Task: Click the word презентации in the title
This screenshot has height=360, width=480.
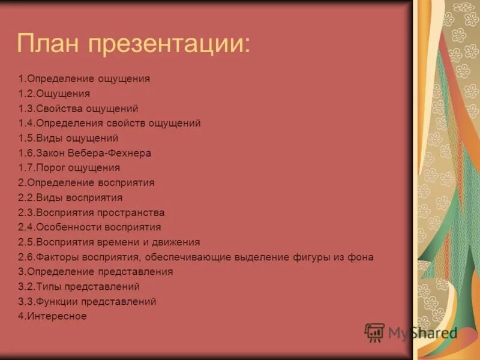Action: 173,44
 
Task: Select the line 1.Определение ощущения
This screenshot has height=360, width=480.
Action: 84,79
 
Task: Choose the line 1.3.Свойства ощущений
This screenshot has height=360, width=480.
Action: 78,109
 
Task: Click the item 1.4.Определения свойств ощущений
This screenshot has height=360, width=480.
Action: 109,123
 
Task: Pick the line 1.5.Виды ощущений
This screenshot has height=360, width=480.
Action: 72,138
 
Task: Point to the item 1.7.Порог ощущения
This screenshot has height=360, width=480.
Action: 69,167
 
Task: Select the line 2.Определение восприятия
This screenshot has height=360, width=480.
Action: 86,182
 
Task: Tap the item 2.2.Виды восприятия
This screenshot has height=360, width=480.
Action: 70,197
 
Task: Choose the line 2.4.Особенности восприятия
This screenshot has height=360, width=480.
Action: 89,227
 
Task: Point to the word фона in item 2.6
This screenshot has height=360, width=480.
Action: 362,257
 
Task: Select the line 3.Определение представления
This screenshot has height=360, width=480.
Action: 95,272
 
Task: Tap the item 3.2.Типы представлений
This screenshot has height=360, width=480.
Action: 79,287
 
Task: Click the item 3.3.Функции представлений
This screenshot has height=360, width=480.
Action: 87,302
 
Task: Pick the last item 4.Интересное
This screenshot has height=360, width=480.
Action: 52,316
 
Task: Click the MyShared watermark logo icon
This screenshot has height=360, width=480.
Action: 374,332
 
